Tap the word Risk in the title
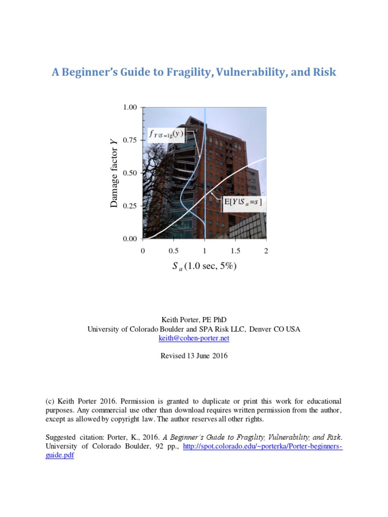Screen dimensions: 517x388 click(x=325, y=72)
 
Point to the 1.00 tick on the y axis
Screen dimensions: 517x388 click(x=130, y=108)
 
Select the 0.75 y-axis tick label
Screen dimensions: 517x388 click(x=130, y=140)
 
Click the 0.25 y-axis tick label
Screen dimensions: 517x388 click(x=130, y=206)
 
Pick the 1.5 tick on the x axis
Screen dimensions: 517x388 click(x=235, y=251)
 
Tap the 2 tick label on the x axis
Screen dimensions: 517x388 click(x=266, y=251)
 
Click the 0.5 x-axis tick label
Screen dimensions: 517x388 click(x=173, y=251)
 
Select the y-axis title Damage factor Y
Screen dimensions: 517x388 click(x=114, y=173)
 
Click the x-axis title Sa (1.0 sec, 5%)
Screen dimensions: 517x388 click(x=204, y=267)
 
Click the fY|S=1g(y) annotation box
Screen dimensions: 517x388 click(x=166, y=134)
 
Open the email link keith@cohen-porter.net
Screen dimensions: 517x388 click(x=194, y=339)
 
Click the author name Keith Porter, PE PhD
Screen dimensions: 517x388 click(x=194, y=319)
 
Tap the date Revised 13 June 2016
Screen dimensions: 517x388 click(x=194, y=355)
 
